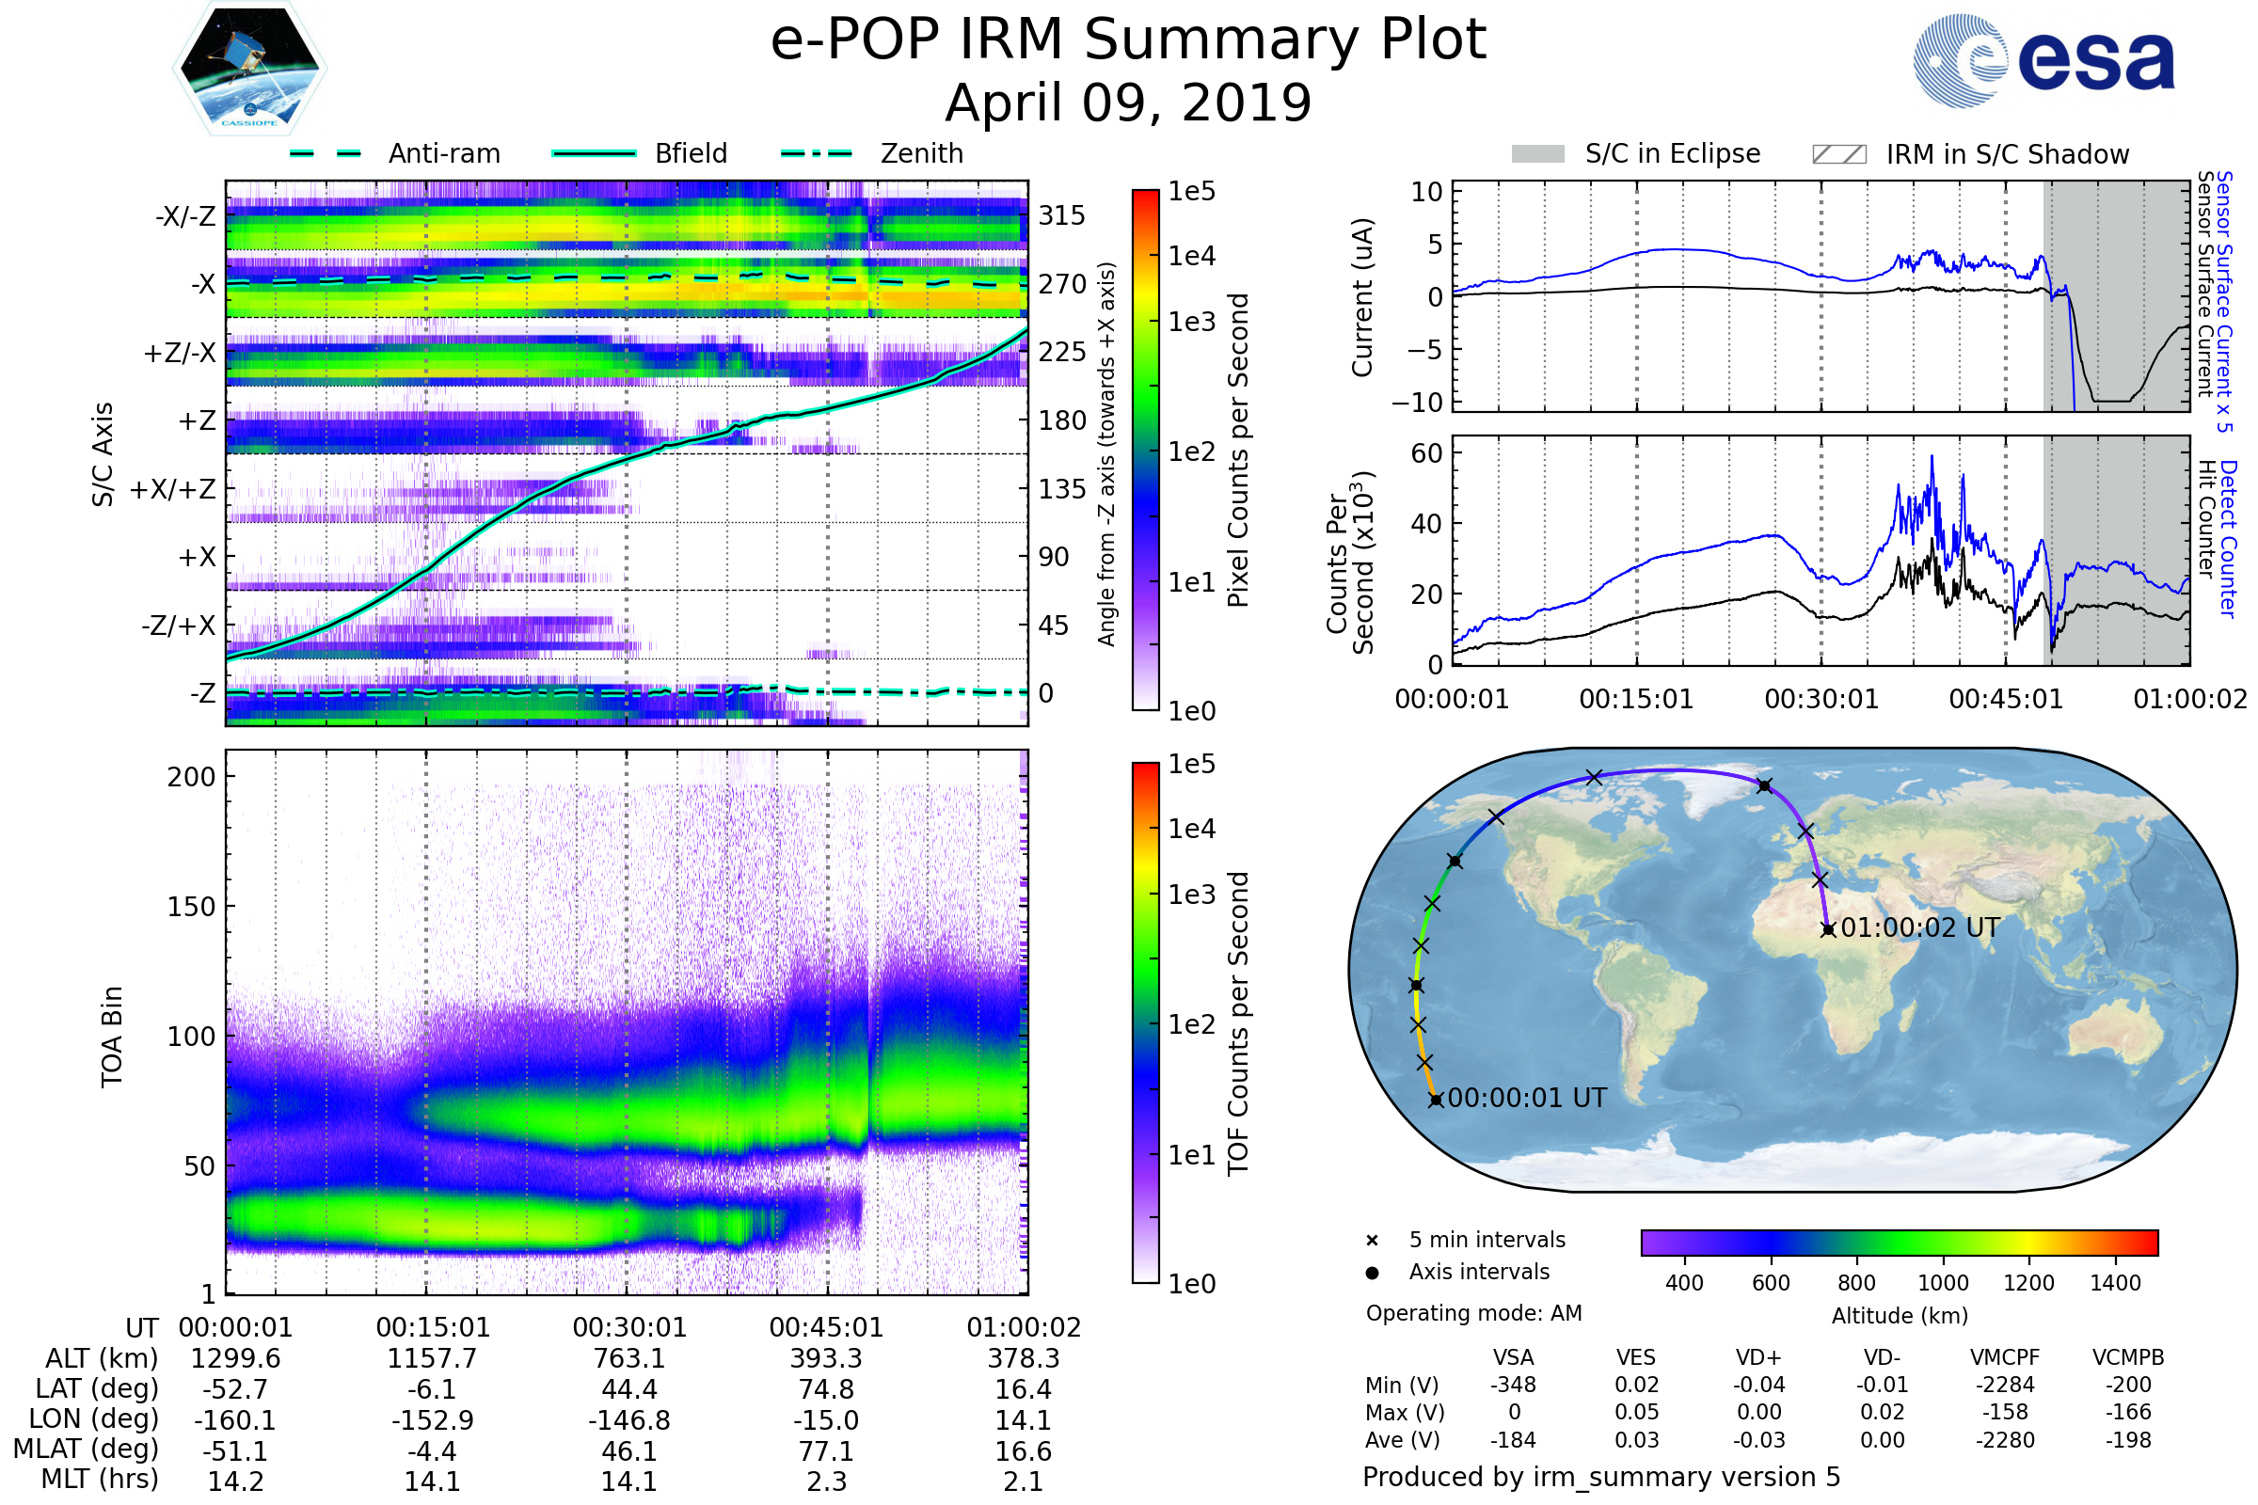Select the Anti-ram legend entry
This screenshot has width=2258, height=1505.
[443, 153]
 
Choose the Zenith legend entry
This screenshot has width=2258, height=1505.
[921, 153]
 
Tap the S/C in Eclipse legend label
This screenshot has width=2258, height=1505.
[1672, 153]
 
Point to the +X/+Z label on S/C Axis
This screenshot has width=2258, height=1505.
[173, 489]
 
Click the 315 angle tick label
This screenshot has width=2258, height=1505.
[1061, 215]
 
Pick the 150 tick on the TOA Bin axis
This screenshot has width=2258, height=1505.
[191, 907]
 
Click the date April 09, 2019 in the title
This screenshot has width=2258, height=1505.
[1128, 103]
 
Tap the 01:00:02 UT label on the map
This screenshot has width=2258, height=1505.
[1920, 928]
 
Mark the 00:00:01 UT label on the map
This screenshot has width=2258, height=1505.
[1526, 1098]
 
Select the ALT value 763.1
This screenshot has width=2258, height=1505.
[628, 1359]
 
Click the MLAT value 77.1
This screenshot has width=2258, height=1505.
[826, 1451]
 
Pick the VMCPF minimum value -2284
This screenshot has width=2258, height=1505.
[2005, 1385]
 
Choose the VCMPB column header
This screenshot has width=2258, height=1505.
[2127, 1358]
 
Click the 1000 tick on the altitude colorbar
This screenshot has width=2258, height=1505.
[1942, 1283]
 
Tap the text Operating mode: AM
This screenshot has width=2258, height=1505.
[1473, 1313]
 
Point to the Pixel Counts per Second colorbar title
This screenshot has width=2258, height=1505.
[1238, 451]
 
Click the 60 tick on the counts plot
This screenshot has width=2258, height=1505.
[1426, 453]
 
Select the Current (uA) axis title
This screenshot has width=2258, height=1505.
[1362, 297]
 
